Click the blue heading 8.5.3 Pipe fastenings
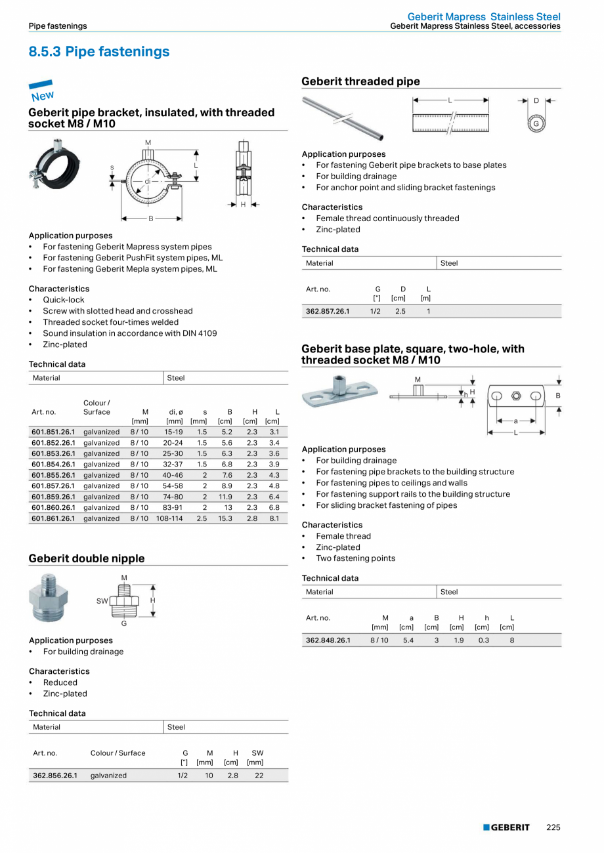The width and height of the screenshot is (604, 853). tap(99, 52)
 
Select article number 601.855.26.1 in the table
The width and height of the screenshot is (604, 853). tap(53, 475)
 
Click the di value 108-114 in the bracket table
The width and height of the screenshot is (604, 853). tap(169, 518)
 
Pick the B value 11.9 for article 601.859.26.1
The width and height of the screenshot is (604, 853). tap(225, 497)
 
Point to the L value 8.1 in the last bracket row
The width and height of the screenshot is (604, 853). tap(274, 518)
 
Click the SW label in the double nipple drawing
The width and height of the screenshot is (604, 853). tap(102, 600)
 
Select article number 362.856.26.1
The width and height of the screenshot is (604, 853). tap(55, 775)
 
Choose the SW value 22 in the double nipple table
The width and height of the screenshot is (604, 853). tap(259, 775)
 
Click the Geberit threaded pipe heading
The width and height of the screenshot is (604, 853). tap(360, 81)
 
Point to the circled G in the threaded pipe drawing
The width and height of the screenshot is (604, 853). tap(536, 123)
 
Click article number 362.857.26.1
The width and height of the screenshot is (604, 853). tap(328, 311)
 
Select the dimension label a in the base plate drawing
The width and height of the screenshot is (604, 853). tap(515, 421)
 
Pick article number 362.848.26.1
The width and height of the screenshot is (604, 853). tap(328, 640)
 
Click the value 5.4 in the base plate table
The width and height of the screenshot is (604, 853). tap(408, 640)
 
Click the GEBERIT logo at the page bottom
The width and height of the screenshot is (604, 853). tap(506, 827)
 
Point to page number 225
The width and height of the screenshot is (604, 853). tap(553, 827)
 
